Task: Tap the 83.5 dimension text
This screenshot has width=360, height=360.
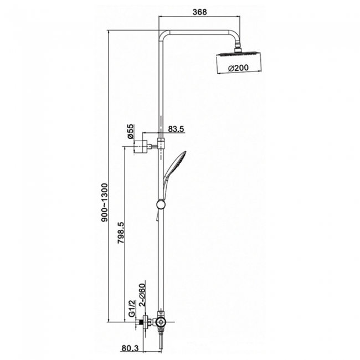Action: (x=176, y=129)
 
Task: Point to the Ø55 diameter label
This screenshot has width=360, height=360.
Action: (x=129, y=131)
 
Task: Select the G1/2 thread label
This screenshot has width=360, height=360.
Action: (x=131, y=308)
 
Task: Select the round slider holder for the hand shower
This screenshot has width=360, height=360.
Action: (x=161, y=205)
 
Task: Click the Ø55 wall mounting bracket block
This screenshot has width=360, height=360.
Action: (x=143, y=147)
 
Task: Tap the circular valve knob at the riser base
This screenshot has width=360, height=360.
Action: (x=160, y=322)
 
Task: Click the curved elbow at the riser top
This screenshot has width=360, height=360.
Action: (x=164, y=34)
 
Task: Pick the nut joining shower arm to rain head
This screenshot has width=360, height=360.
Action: (x=239, y=49)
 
